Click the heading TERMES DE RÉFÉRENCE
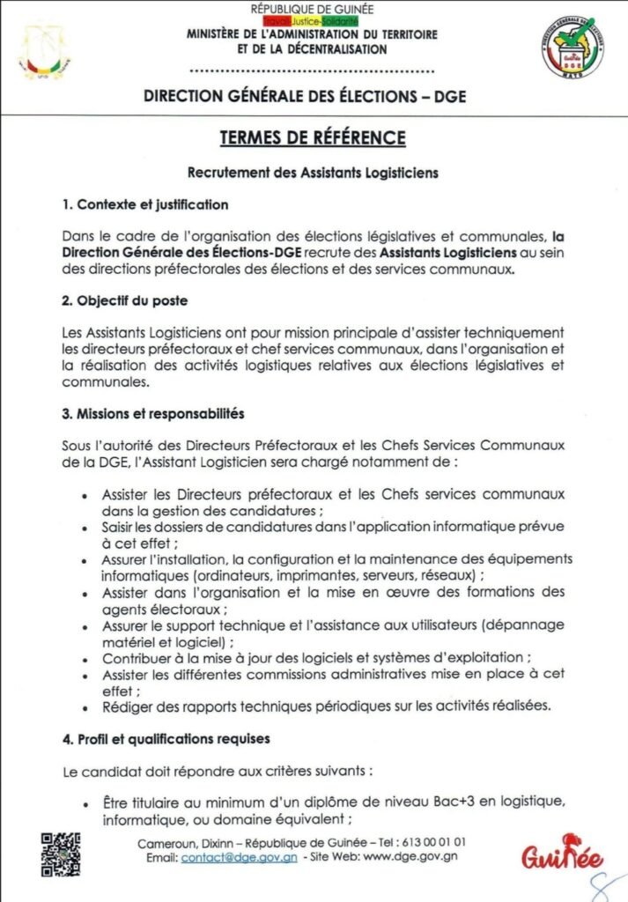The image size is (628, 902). click(313, 138)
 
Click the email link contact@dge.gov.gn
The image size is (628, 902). click(239, 856)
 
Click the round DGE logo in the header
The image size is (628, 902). click(573, 49)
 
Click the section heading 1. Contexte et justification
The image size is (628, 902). click(145, 205)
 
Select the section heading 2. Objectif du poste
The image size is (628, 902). click(125, 300)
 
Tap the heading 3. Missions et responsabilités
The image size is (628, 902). click(153, 412)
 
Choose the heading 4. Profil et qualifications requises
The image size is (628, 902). click(166, 737)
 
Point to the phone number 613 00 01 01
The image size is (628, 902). click(433, 843)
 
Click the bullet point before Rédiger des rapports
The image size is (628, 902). click(84, 707)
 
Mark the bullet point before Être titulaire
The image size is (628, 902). click(84, 804)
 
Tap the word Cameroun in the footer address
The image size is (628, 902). click(166, 843)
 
